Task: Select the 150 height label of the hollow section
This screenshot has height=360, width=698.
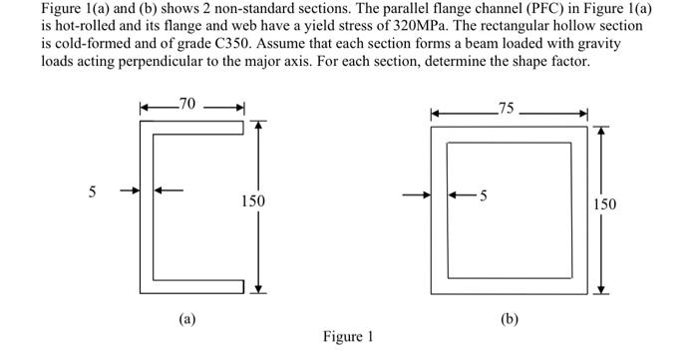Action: pyautogui.click(x=604, y=204)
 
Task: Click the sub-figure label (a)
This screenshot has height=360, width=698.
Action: pyautogui.click(x=186, y=319)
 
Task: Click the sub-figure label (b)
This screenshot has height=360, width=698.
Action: pyautogui.click(x=510, y=319)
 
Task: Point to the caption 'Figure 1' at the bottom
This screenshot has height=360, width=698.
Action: pyautogui.click(x=348, y=337)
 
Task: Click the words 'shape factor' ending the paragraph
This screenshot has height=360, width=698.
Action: pyautogui.click(x=551, y=62)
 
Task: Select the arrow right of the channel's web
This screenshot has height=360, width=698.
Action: pyautogui.click(x=168, y=189)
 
